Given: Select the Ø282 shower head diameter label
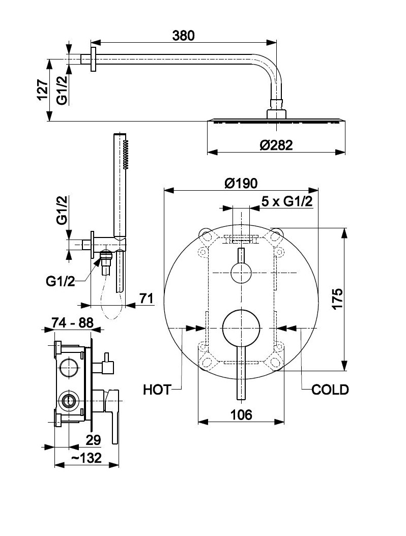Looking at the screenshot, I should pos(276,145).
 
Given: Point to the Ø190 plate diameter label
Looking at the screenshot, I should pos(241,183).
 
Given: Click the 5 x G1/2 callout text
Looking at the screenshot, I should pos(286,201).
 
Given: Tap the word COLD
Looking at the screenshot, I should pos(330,390).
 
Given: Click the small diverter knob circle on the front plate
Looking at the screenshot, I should pos(241,273).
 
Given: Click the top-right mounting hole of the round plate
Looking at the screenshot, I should pos(276,235).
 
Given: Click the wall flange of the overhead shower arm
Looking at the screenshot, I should pos(93,60).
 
